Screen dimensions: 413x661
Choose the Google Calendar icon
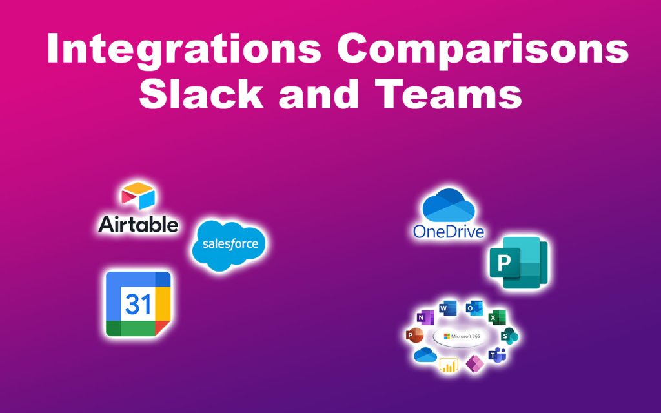tap(138, 303)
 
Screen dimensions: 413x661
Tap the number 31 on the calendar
tap(137, 303)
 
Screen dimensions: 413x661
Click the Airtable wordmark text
tap(138, 224)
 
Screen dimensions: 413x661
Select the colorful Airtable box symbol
tap(138, 197)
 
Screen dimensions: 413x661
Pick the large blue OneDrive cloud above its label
tap(449, 205)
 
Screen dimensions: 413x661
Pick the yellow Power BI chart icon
tap(448, 365)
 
